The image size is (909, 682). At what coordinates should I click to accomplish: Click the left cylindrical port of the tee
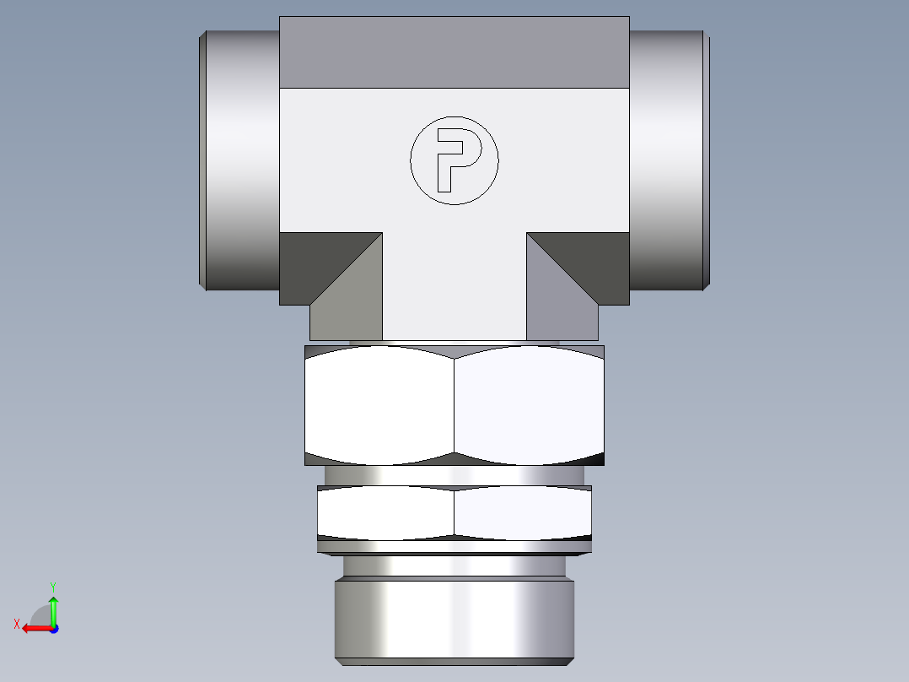(x=240, y=160)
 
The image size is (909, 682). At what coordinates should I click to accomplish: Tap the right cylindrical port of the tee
(x=668, y=160)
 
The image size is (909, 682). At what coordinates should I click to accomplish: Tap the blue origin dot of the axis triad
(x=53, y=628)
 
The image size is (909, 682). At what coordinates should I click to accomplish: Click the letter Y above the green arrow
(x=53, y=585)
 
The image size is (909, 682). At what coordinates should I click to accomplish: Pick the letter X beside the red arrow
(x=16, y=624)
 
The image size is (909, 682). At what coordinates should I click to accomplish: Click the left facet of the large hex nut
(x=379, y=405)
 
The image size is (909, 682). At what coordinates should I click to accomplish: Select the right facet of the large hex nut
(x=530, y=405)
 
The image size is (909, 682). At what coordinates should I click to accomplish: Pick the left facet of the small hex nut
(x=386, y=512)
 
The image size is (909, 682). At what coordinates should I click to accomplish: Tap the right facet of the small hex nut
(x=523, y=512)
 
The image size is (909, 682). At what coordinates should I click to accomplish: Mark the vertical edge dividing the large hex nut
(x=454, y=405)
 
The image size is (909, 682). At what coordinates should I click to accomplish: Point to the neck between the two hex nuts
(x=454, y=476)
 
